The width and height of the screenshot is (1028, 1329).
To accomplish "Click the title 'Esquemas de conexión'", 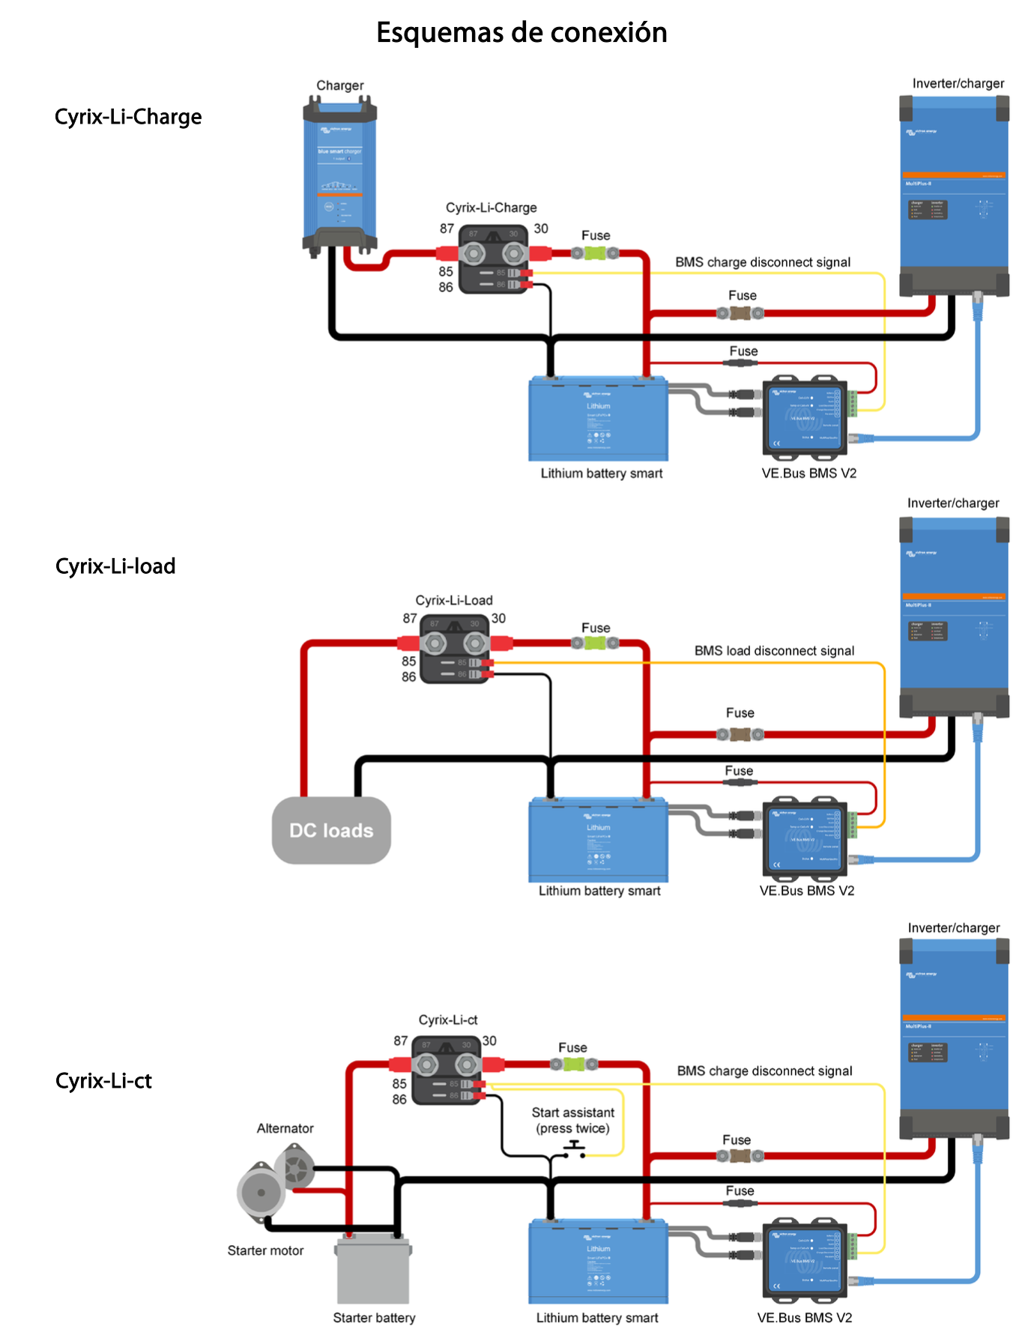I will click(521, 33).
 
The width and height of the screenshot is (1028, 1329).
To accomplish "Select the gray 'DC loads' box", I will click(331, 830).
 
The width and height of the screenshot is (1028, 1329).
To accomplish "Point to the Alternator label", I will click(285, 1128).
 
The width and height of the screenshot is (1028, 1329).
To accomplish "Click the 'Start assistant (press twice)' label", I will click(572, 1121).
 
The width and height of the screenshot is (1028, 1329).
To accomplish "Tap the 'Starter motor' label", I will click(265, 1250).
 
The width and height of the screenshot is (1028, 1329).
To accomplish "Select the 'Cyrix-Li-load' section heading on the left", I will click(115, 566).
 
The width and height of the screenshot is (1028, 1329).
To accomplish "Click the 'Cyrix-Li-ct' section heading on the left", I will click(103, 1081).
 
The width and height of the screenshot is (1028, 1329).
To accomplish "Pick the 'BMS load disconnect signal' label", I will click(774, 651).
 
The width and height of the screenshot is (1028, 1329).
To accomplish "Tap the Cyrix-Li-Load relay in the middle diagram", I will click(456, 650).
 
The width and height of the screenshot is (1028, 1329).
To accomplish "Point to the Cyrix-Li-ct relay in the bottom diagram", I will click(447, 1071).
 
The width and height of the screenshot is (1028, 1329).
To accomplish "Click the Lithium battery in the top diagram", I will click(598, 419).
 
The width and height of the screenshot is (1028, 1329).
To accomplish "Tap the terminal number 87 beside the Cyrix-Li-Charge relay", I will click(447, 228).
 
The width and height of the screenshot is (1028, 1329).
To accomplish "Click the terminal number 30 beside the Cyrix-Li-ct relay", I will click(489, 1041).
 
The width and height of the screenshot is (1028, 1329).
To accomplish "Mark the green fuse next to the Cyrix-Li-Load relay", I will click(595, 643).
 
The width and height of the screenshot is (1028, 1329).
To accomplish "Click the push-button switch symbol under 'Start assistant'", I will click(574, 1149).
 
